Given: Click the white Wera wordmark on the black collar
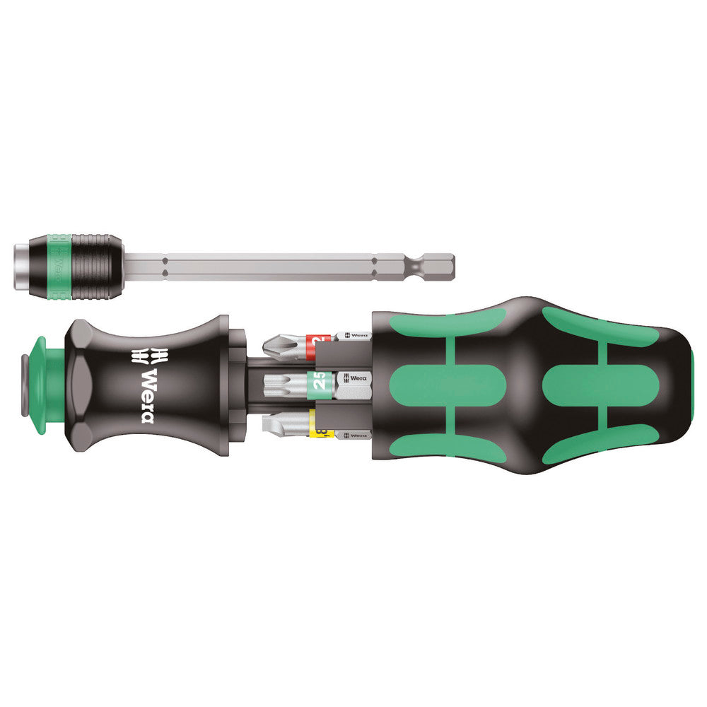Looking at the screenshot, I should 147,396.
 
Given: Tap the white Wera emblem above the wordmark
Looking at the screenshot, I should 146,356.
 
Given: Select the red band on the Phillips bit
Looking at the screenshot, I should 321,343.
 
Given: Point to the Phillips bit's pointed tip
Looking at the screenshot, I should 267,346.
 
